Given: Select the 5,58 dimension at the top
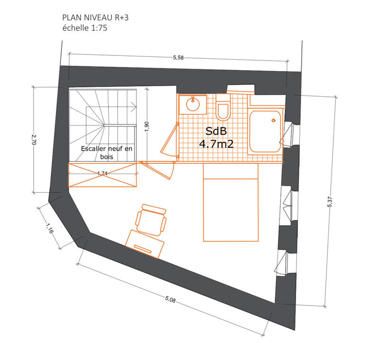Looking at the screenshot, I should pyautogui.click(x=178, y=58).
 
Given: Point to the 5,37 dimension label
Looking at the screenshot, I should pyautogui.click(x=330, y=201).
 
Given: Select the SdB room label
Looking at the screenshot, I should pyautogui.click(x=216, y=131).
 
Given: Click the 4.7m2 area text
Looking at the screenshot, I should pyautogui.click(x=216, y=144).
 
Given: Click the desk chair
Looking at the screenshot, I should pyautogui.click(x=152, y=219).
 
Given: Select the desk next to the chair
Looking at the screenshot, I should pyautogui.click(x=145, y=243).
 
